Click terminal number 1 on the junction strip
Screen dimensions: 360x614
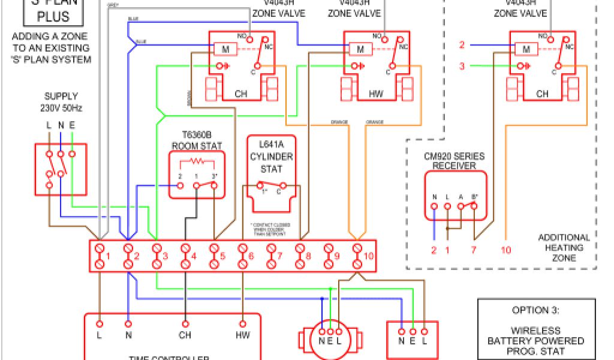(100, 256)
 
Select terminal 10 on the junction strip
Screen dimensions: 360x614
(358, 256)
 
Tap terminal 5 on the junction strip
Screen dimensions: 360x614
(215, 256)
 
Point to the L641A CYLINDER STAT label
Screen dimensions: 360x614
(272, 157)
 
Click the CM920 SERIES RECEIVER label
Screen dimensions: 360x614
(454, 161)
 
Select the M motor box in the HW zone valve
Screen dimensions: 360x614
(360, 49)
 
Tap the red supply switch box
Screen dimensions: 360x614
(61, 169)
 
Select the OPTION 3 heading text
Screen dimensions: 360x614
(535, 310)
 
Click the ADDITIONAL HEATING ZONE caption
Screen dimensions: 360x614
(564, 247)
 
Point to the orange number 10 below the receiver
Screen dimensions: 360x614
(506, 250)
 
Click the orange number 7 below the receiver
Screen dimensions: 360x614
(473, 250)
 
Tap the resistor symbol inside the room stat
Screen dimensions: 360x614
(197, 161)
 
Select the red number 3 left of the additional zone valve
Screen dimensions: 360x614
(462, 66)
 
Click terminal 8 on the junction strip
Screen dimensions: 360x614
(300, 256)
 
